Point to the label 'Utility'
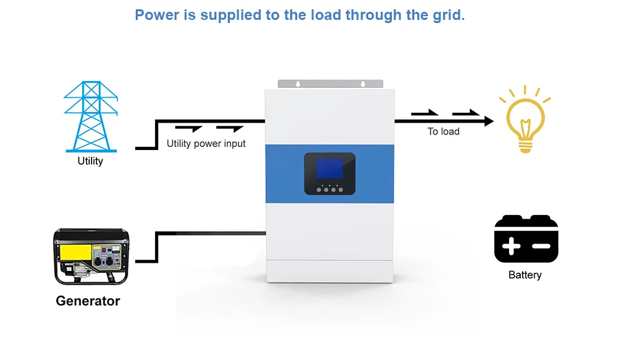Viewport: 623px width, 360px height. [90, 161]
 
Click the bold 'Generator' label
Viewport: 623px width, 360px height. [88, 301]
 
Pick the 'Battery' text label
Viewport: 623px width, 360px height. [525, 275]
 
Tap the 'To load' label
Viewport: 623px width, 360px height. [444, 131]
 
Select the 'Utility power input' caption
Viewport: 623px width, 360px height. [206, 144]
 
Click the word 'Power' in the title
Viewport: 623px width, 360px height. [157, 15]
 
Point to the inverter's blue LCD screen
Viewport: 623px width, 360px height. [330, 169]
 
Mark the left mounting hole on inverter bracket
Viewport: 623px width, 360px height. [298, 84]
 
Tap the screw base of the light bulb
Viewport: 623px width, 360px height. [526, 146]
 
